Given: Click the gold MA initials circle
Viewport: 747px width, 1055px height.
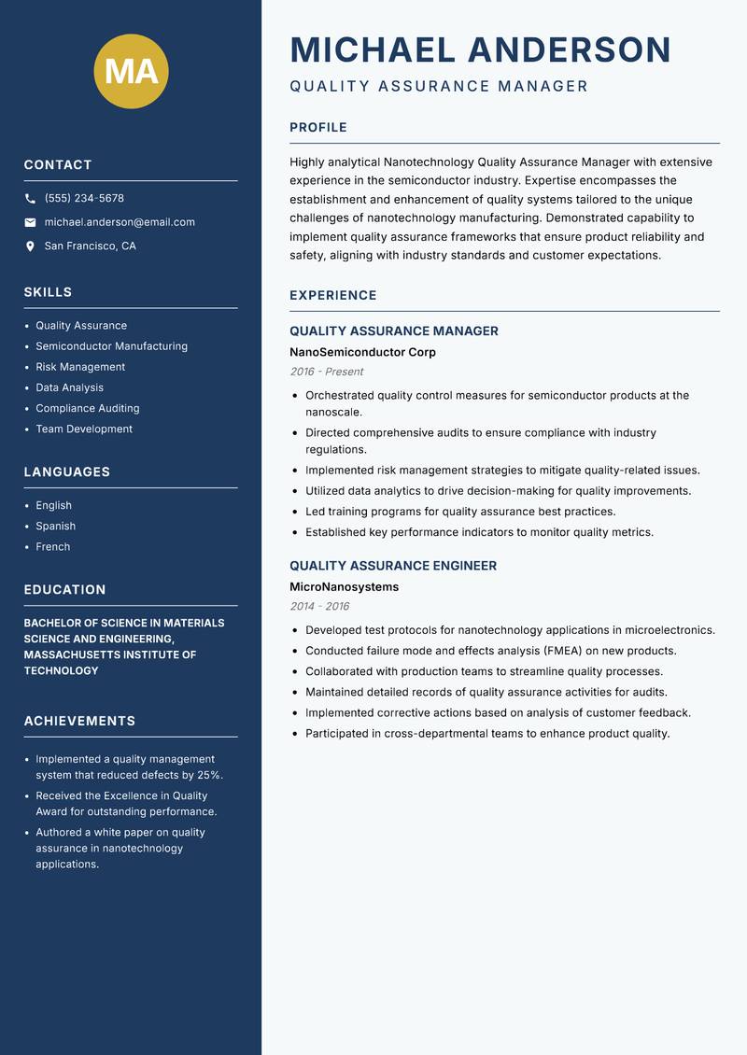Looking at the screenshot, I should coord(131,71).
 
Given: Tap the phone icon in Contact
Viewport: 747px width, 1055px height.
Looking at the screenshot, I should coord(30,199).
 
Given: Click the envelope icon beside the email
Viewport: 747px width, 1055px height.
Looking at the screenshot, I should coord(30,222).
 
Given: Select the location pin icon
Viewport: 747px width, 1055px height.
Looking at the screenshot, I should coord(30,246).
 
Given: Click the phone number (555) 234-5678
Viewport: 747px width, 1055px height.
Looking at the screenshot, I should coord(84,199).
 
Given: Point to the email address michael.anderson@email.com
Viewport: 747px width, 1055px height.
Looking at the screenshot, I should coord(120,222).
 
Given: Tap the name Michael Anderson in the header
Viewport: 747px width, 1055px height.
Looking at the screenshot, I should coord(480,49).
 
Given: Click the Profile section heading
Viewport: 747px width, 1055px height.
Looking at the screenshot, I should coord(318,128).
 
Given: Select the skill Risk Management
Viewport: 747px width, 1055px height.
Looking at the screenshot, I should coord(80,367).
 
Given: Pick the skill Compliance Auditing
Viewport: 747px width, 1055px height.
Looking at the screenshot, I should coord(88,408).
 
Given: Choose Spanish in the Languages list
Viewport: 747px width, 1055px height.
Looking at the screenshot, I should coord(56,526).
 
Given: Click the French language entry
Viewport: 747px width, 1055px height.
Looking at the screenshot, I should coord(53,546).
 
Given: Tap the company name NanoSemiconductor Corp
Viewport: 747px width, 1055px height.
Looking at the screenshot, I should coord(362,352).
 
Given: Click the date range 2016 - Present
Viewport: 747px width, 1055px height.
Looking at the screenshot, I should coord(326,372).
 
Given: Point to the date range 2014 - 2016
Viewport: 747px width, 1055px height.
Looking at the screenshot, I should coord(319,606).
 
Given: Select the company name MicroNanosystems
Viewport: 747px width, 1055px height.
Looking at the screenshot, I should coord(344,587).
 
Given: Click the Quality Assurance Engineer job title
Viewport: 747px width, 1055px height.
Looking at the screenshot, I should coord(393,566).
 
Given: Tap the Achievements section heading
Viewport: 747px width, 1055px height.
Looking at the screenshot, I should coord(79,721).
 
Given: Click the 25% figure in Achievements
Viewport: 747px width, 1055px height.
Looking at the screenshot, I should coord(209,775).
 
